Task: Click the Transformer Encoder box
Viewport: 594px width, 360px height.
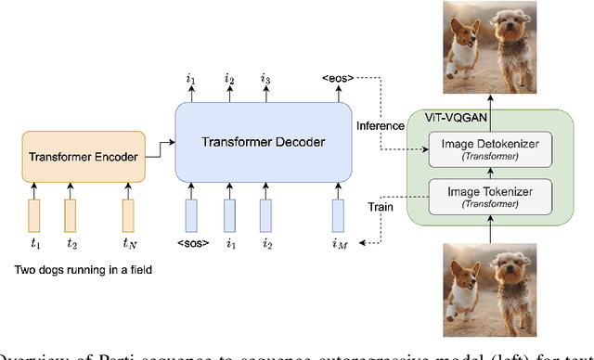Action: (84, 157)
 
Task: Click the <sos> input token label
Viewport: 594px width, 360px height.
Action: (192, 245)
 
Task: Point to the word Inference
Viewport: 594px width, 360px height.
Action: (379, 123)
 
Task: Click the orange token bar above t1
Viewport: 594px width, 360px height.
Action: (34, 215)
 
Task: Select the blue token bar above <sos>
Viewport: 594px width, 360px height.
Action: (191, 215)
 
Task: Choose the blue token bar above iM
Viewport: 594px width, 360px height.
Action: (337, 215)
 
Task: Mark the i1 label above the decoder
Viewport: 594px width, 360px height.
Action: (191, 80)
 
